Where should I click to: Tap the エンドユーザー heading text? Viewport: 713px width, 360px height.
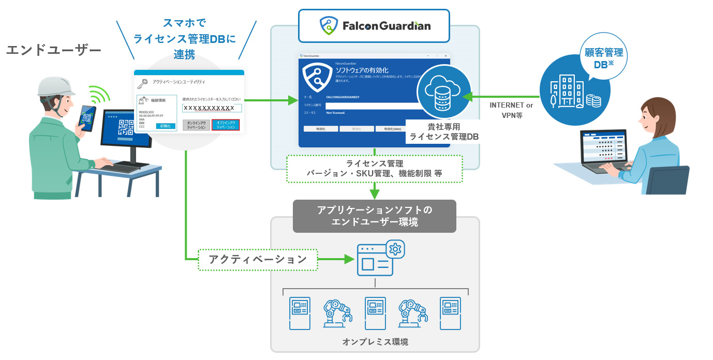pyautogui.click(x=53, y=50)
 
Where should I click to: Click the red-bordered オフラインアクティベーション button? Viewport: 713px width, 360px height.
pyautogui.click(x=225, y=125)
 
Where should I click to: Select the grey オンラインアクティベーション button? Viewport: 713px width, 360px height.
pyautogui.click(x=196, y=125)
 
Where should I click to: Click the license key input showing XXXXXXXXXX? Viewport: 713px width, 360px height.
pyautogui.click(x=212, y=108)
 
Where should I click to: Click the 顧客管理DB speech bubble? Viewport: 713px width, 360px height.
pyautogui.click(x=603, y=58)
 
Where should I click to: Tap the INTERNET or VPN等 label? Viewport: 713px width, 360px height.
pyautogui.click(x=511, y=110)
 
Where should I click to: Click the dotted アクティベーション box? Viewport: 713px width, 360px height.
pyautogui.click(x=258, y=259)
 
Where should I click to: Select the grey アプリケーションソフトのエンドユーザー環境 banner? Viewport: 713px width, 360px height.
pyautogui.click(x=374, y=216)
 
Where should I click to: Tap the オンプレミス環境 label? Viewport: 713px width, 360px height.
pyautogui.click(x=375, y=342)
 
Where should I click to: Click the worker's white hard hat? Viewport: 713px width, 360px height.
pyautogui.click(x=56, y=86)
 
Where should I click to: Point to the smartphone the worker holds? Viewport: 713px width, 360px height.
pyautogui.click(x=87, y=118)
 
